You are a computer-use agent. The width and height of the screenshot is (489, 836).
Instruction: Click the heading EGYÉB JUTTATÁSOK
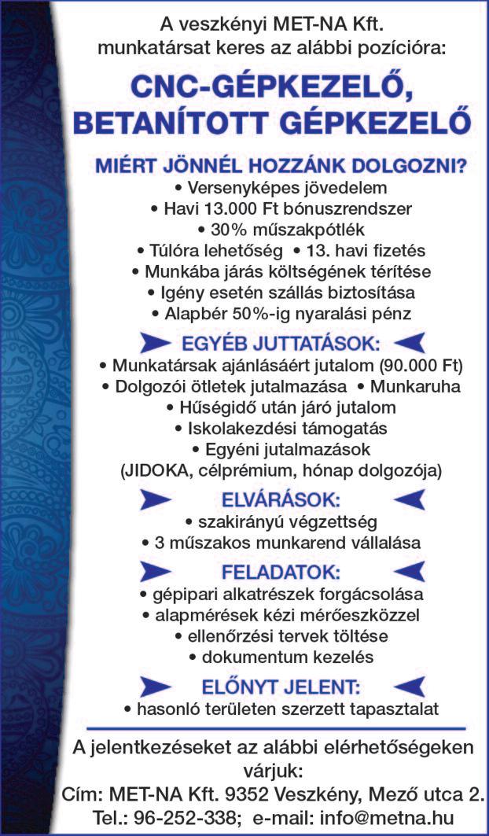click(281, 344)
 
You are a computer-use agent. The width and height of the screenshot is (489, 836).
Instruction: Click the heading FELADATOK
click(281, 570)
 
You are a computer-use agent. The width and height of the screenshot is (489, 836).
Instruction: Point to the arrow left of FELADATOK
click(156, 570)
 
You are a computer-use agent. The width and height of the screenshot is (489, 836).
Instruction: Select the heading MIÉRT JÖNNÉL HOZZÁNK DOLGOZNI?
click(281, 167)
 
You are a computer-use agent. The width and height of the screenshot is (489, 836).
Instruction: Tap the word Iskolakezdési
click(238, 429)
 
